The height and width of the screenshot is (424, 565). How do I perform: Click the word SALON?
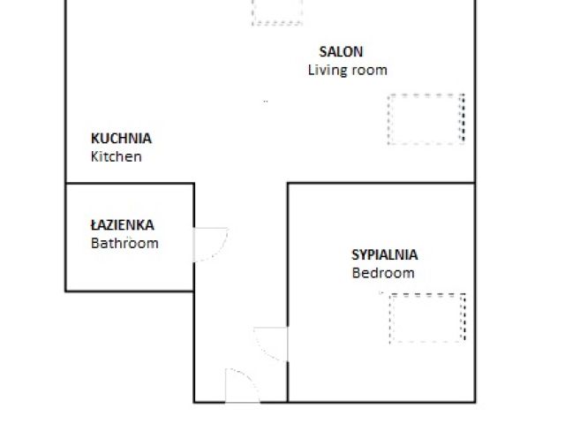point(341,52)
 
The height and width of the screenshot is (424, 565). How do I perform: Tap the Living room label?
point(347,70)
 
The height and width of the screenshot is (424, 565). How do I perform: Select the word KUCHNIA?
point(121,138)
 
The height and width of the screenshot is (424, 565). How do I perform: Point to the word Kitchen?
point(116,156)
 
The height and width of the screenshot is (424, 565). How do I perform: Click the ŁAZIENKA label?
point(127,225)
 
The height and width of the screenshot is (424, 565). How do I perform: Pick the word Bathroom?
point(124,243)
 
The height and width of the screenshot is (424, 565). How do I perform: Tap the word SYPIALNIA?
point(384,254)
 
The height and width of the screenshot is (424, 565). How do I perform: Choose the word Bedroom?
point(382,273)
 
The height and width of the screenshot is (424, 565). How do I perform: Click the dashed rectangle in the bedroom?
point(427,318)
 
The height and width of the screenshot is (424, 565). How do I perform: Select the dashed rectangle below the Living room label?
point(426,118)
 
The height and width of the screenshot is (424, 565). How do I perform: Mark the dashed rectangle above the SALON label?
point(276,11)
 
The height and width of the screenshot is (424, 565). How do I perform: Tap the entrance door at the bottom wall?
point(242,386)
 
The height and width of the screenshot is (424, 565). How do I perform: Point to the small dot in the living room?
point(264,102)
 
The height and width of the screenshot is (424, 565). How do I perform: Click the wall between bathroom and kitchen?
point(129,184)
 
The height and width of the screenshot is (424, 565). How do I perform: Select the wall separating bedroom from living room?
point(381,183)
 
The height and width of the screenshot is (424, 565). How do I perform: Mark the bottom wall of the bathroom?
point(129,291)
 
